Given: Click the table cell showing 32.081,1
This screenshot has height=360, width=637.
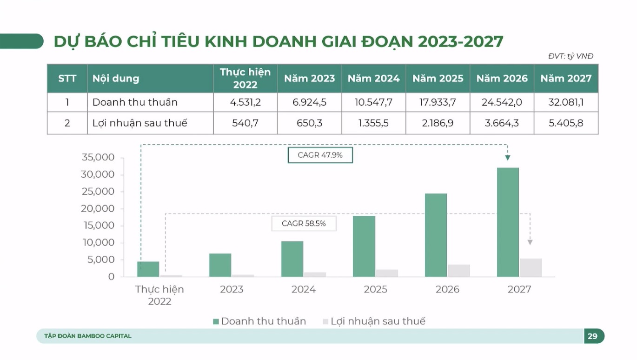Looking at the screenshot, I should (566, 102).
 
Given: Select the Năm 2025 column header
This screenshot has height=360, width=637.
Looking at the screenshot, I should (438, 79).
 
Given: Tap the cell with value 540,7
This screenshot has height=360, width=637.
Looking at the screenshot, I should (245, 123).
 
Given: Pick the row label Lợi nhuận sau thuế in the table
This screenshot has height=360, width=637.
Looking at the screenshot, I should (139, 123).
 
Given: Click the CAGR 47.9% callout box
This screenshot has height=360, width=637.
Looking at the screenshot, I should (320, 155).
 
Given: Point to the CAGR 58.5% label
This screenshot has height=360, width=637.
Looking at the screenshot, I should (304, 224).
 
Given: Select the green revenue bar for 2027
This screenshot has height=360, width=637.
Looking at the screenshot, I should (508, 222).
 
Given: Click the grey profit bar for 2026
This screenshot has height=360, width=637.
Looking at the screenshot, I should (459, 271).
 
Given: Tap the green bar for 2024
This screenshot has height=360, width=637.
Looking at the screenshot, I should (292, 259).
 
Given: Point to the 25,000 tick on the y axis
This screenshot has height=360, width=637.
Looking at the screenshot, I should (98, 192).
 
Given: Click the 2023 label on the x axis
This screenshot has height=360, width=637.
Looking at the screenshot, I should (232, 289).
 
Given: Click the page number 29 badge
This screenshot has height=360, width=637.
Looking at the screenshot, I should (593, 336).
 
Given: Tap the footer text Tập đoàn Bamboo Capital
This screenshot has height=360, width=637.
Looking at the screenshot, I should (88, 336).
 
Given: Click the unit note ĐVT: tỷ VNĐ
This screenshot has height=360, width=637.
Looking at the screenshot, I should (571, 56).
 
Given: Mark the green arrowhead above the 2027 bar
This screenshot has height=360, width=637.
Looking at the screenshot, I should (508, 158).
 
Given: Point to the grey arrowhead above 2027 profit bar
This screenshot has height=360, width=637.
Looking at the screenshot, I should (530, 242).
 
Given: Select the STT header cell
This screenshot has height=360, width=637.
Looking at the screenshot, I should (67, 79).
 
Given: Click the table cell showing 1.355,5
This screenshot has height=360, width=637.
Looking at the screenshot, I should (373, 123).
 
